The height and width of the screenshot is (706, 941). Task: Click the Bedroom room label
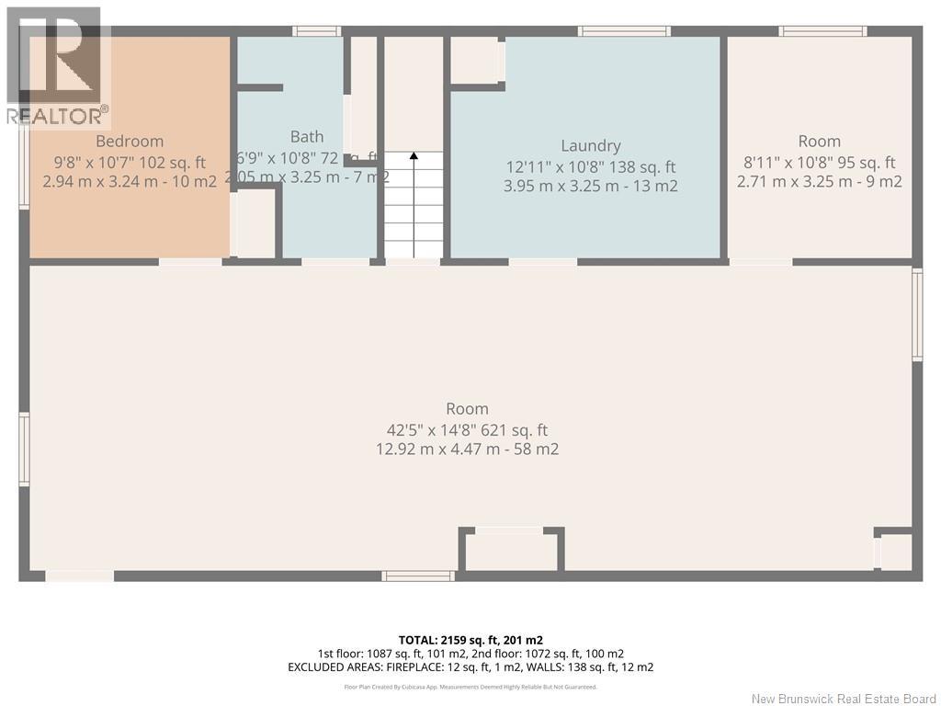tap(130, 142)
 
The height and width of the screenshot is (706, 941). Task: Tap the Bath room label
tap(307, 137)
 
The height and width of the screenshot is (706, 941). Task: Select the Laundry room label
tap(591, 146)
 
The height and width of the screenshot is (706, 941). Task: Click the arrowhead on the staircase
tap(414, 157)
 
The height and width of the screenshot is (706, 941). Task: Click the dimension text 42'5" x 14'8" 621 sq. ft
tap(467, 429)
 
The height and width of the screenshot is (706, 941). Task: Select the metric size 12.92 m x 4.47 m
tap(467, 450)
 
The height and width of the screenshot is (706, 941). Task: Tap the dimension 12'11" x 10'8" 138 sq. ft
tap(591, 167)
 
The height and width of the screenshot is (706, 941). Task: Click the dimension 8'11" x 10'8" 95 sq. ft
tap(819, 163)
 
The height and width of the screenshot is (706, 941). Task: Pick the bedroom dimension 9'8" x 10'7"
tap(130, 162)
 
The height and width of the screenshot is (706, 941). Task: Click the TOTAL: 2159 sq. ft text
tap(470, 640)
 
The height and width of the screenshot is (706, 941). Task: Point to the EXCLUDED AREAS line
tap(470, 666)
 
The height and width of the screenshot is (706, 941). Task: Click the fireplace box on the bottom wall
tap(511, 552)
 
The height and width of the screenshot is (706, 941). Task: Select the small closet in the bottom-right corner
tap(896, 552)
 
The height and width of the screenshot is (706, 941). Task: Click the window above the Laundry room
tap(624, 31)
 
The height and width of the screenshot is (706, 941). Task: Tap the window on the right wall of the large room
tap(916, 313)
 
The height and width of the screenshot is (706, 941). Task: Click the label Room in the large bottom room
tap(467, 409)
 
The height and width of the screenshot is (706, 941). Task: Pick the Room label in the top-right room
tap(819, 142)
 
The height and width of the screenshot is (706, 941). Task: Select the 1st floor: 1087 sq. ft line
tap(470, 653)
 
